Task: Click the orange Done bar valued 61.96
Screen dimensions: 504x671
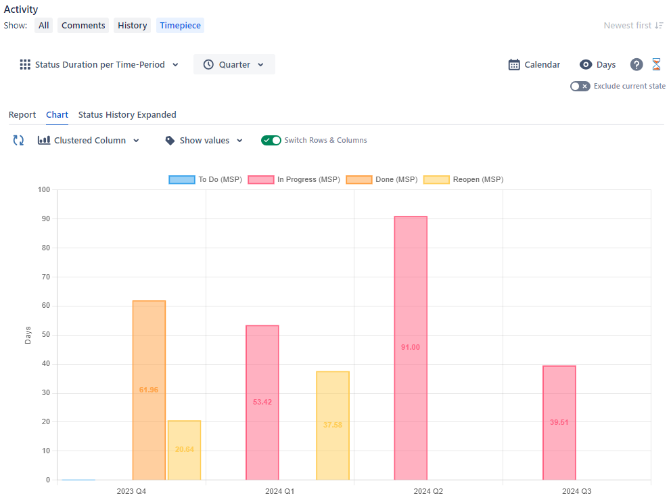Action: coord(149,390)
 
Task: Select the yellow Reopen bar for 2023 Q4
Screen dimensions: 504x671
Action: coord(184,451)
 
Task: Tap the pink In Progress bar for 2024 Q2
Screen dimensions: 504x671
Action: coord(411,348)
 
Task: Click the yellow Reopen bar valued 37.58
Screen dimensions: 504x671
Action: coord(332,426)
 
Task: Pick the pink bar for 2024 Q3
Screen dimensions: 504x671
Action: coord(559,423)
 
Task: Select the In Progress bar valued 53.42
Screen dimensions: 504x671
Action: coord(262,403)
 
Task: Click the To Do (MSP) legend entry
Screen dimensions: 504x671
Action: coord(206,180)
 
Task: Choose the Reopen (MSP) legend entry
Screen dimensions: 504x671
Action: coord(463,180)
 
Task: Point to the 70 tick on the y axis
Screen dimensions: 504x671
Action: coord(46,277)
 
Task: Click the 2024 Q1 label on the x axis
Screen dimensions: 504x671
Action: coord(279,491)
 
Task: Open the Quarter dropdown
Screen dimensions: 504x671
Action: coord(234,65)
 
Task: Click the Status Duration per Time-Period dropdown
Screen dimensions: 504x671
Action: coord(99,65)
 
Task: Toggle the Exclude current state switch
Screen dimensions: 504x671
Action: coord(580,87)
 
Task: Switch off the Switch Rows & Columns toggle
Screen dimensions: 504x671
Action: coord(271,141)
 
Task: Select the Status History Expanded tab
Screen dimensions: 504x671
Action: coord(127,115)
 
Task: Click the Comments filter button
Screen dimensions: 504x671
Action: coord(83,26)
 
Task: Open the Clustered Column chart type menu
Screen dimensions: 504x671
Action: coord(89,141)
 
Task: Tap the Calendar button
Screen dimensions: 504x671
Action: coord(534,65)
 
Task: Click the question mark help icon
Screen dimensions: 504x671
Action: coord(636,65)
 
